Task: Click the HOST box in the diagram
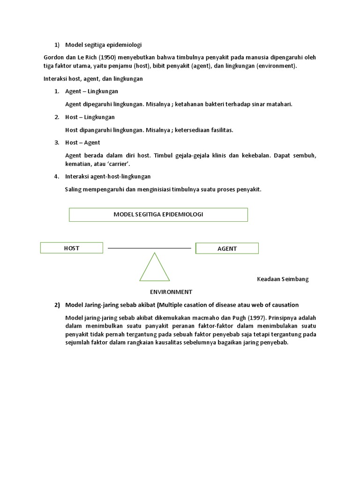pyautogui.click(x=72, y=248)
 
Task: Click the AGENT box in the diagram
pyautogui.click(x=227, y=248)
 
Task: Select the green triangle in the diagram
pyautogui.click(x=154, y=269)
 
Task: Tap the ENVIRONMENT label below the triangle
pyautogui.click(x=171, y=292)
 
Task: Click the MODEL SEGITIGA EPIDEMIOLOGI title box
pyautogui.click(x=158, y=214)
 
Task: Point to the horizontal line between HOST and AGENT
pyautogui.click(x=149, y=248)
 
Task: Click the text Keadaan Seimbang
pyautogui.click(x=283, y=279)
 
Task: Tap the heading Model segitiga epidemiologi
pyautogui.click(x=103, y=45)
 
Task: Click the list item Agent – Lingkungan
pyautogui.click(x=91, y=91)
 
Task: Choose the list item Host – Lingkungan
pyautogui.click(x=90, y=117)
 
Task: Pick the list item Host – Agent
pyautogui.click(x=82, y=142)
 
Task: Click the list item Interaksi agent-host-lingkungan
pyautogui.click(x=108, y=176)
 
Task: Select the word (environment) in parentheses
pyautogui.click(x=277, y=66)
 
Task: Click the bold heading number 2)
pyautogui.click(x=57, y=305)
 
